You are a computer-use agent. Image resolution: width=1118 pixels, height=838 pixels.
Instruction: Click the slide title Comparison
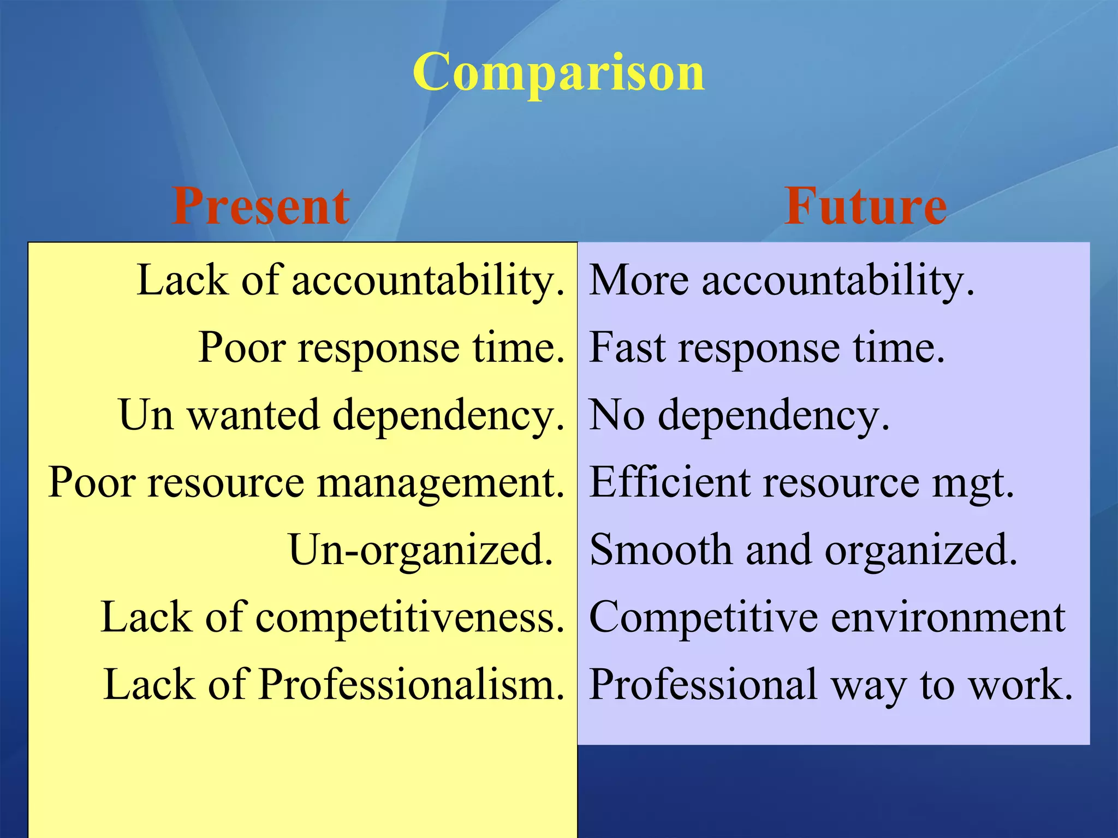coord(558,73)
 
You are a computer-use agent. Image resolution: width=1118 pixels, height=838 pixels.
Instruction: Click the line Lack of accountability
coord(350,280)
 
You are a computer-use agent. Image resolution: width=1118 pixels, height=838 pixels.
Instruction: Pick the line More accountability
coord(782,280)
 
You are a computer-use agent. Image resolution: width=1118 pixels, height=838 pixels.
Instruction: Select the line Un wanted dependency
coord(341,415)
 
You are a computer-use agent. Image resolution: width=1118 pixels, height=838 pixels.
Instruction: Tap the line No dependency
coord(740,415)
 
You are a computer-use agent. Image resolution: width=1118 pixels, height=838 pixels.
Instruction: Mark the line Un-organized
coord(420,550)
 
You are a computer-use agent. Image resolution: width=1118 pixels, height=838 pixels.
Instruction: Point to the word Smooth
coord(661,550)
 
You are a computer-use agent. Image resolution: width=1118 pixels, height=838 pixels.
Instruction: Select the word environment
coord(948,617)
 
